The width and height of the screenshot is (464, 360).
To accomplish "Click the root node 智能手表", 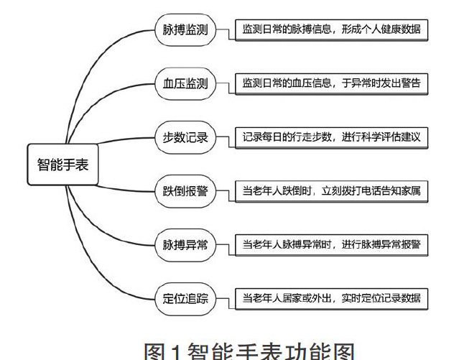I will pyautogui.click(x=63, y=163).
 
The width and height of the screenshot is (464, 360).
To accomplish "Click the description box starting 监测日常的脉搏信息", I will pyautogui.click(x=331, y=31).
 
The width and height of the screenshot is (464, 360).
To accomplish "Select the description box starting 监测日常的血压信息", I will pyautogui.click(x=331, y=84).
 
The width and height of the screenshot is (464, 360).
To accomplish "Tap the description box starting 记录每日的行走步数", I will pyautogui.click(x=331, y=137).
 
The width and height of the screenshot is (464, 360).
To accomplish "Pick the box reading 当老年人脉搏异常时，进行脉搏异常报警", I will pyautogui.click(x=331, y=244).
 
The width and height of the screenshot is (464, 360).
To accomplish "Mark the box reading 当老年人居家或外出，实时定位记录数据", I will pyautogui.click(x=331, y=297).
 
